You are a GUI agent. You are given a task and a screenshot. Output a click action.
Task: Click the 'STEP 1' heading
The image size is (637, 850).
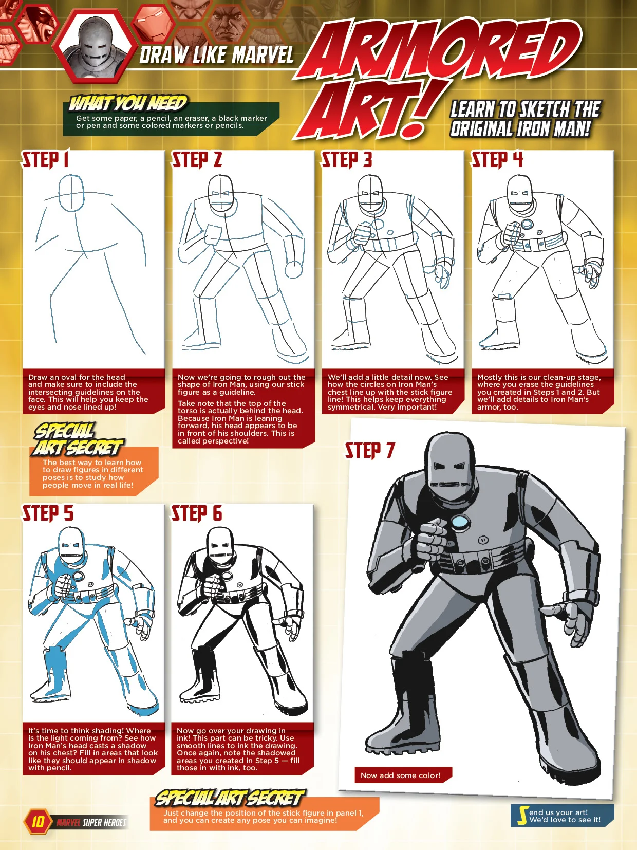point(45,159)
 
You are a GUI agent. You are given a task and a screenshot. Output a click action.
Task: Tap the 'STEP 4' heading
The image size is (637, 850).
point(497,159)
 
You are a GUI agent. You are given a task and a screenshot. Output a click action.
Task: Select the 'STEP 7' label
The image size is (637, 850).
point(369,450)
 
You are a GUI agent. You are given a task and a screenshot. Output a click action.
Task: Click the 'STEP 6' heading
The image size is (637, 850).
point(197,513)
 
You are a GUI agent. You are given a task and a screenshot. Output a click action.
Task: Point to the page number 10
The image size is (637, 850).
point(38,821)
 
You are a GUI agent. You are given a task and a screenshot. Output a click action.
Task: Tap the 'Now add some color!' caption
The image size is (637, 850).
point(400,775)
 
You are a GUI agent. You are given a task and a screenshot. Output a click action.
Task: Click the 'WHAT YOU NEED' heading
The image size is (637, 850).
point(128,103)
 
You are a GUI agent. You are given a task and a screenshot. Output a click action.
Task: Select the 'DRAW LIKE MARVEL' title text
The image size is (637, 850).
point(216,54)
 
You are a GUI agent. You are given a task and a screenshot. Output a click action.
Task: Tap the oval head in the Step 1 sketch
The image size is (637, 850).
point(71,193)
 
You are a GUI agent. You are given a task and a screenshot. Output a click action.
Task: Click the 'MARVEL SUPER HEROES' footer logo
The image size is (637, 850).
point(91,822)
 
